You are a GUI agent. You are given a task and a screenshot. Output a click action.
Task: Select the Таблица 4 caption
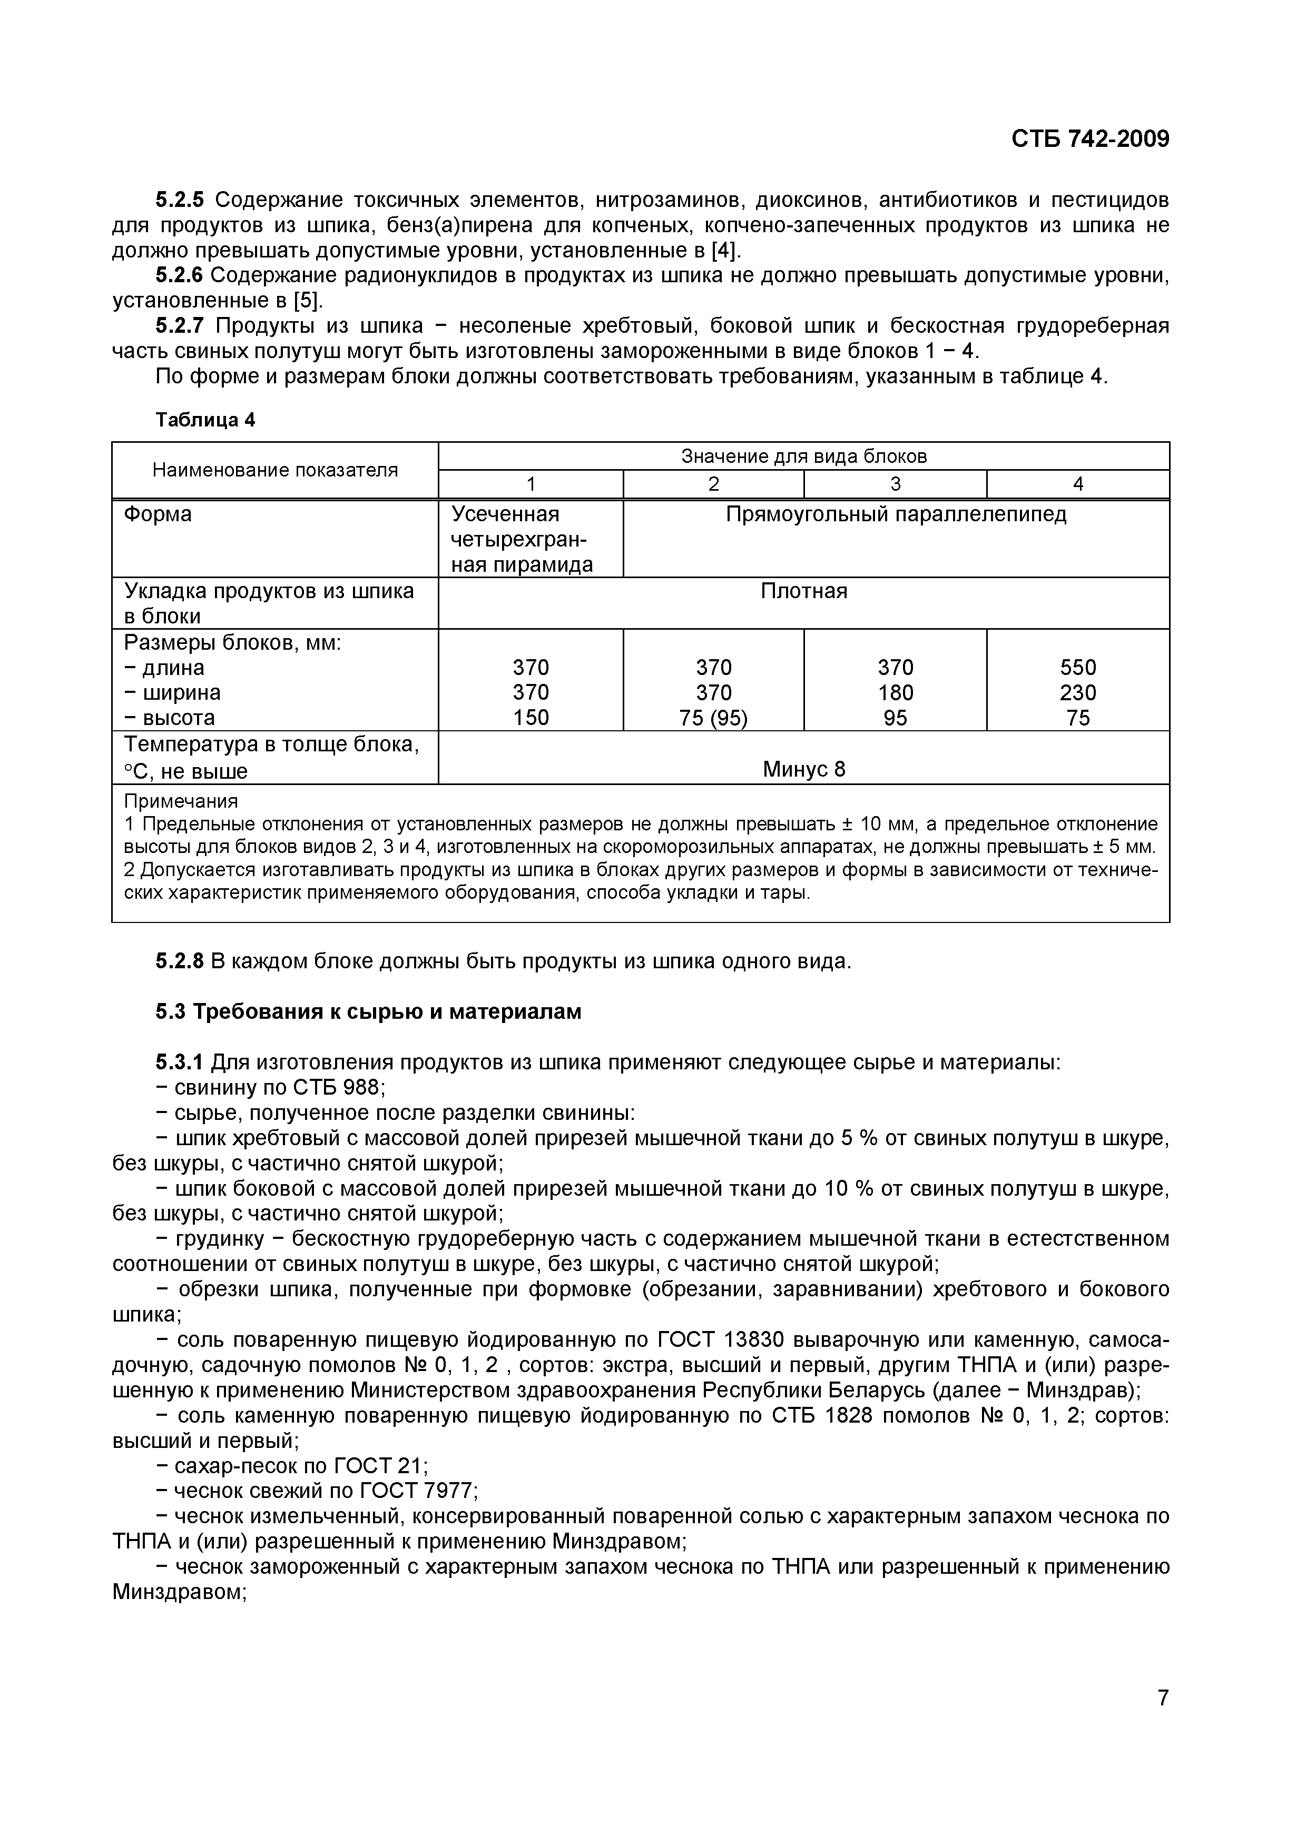pyautogui.click(x=205, y=420)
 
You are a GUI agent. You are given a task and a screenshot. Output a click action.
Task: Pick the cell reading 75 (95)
pyautogui.click(x=714, y=718)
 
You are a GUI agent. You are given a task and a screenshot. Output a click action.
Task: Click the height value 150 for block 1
pyautogui.click(x=531, y=718)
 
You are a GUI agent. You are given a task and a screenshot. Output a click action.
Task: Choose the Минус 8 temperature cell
pyautogui.click(x=804, y=769)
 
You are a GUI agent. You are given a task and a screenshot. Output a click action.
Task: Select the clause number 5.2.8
pyautogui.click(x=180, y=961)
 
